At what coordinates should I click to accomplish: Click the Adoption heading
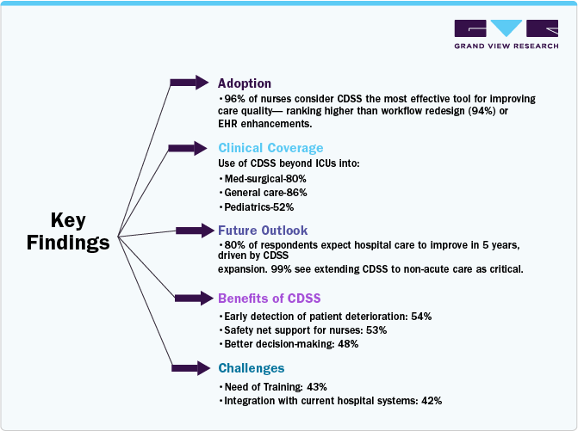[244, 83]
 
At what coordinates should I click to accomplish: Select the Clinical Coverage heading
[270, 148]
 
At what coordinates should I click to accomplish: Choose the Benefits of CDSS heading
[269, 299]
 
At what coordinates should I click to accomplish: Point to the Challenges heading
[251, 368]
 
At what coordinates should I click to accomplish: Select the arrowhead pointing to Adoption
[202, 83]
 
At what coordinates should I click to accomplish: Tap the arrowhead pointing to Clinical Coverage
[202, 147]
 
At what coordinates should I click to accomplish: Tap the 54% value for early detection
[421, 317]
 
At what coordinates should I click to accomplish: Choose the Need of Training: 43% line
[274, 387]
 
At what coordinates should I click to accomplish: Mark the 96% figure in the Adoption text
[234, 99]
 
